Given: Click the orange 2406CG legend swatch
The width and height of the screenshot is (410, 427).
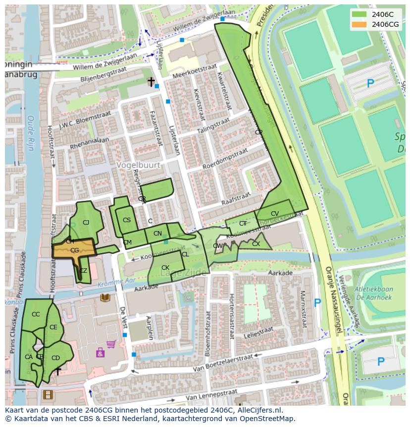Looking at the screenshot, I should (359, 24).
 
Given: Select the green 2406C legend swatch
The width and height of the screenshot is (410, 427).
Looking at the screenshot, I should (359, 14).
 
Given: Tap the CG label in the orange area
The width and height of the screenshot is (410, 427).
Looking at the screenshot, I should (75, 250).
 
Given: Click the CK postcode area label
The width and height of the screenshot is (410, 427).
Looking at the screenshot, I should (165, 268).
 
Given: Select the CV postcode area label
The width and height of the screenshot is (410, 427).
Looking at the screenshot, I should (275, 214).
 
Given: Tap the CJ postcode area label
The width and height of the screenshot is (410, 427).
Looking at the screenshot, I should (86, 223).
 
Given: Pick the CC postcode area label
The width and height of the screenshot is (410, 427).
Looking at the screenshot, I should (36, 314).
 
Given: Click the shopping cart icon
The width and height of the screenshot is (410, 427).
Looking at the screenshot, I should (111, 344).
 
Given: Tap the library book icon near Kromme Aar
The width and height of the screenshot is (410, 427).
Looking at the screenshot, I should (105, 298).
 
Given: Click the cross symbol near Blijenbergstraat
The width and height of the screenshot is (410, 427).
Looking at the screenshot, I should (151, 82).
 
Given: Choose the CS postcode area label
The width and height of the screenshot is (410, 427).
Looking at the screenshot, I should (127, 220).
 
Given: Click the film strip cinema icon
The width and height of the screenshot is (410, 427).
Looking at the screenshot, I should (48, 395).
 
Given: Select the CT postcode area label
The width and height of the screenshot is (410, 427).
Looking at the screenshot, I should (243, 224).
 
